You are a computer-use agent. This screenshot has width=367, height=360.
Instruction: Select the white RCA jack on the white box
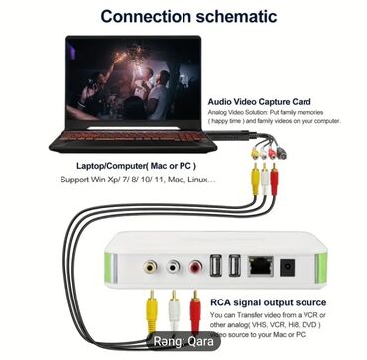click(x=173, y=266)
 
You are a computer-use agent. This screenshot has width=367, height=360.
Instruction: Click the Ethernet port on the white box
click(x=262, y=265)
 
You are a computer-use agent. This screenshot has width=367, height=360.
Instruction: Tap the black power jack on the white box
click(x=289, y=265)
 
